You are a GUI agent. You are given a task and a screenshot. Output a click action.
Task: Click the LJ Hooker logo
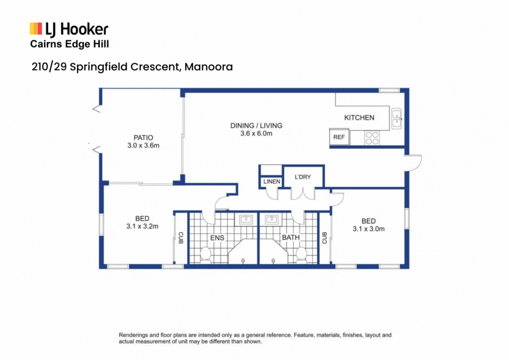(x=68, y=29)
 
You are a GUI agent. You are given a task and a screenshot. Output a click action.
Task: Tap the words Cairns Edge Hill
(x=69, y=44)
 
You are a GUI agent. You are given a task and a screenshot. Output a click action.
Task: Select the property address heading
(x=132, y=67)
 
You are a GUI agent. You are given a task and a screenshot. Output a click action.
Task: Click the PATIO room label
(x=143, y=138)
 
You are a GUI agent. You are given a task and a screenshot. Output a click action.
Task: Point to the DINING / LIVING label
(x=256, y=126)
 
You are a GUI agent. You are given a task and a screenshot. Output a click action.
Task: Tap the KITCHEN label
(x=359, y=117)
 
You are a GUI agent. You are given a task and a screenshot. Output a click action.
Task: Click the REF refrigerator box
(x=339, y=137)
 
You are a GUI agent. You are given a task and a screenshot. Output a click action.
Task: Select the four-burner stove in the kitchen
(x=371, y=138)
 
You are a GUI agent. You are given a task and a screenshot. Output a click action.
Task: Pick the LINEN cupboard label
(x=271, y=182)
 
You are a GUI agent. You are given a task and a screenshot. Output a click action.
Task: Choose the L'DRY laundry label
(x=302, y=177)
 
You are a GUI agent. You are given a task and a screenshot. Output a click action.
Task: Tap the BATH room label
(x=291, y=238)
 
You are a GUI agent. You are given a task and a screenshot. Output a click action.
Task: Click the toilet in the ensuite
(x=206, y=254)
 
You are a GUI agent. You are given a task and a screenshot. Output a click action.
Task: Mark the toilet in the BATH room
(x=300, y=254)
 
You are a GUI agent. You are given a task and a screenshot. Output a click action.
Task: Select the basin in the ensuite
(x=246, y=219)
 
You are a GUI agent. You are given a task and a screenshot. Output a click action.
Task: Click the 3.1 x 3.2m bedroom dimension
(x=142, y=226)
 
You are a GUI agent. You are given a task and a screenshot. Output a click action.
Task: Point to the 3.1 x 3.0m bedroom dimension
(x=368, y=229)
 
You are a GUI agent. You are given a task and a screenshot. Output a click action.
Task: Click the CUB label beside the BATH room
(x=324, y=237)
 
